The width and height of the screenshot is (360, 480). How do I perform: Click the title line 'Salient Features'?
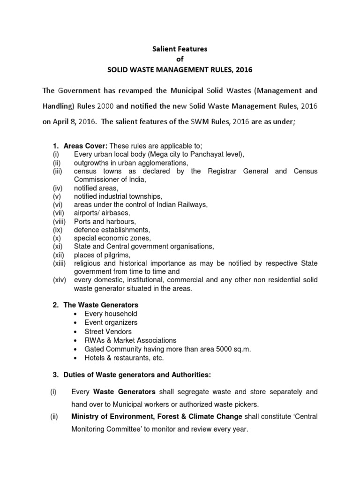click(180, 48)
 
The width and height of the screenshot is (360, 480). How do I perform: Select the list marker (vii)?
click(58, 213)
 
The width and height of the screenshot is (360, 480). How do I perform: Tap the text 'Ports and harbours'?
click(105, 221)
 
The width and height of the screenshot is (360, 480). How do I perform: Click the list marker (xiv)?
click(60, 280)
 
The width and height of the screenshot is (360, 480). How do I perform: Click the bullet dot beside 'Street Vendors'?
click(76, 332)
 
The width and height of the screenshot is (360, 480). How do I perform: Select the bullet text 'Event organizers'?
click(111, 323)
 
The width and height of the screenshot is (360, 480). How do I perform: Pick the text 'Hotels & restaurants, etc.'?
click(124, 358)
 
